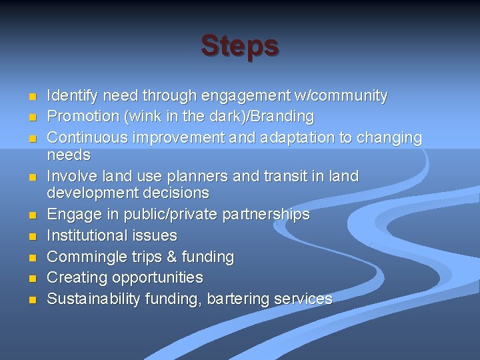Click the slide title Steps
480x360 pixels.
point(240,46)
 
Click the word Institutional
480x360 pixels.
point(86,235)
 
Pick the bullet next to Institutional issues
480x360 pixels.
point(31,237)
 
